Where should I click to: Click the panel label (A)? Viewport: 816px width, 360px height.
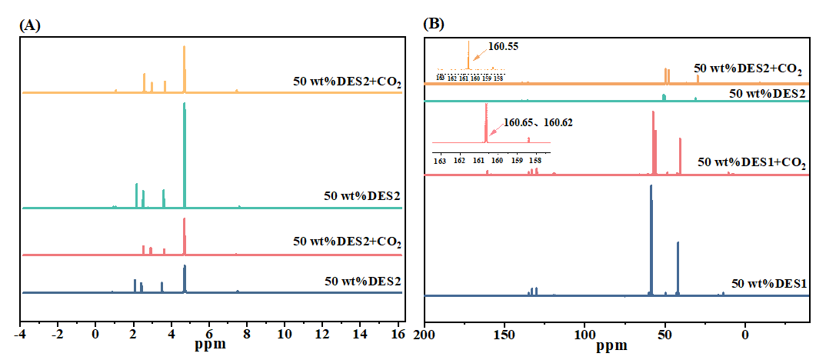[29, 25]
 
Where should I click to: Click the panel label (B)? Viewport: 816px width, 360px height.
[435, 24]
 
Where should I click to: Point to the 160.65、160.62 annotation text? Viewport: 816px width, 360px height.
[538, 122]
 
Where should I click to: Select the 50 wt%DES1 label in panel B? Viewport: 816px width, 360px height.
[768, 282]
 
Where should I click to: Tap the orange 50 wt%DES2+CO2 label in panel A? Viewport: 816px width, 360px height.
[347, 80]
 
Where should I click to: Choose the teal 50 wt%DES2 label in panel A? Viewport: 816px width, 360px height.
[362, 195]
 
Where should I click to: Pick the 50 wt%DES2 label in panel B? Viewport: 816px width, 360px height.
[767, 93]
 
